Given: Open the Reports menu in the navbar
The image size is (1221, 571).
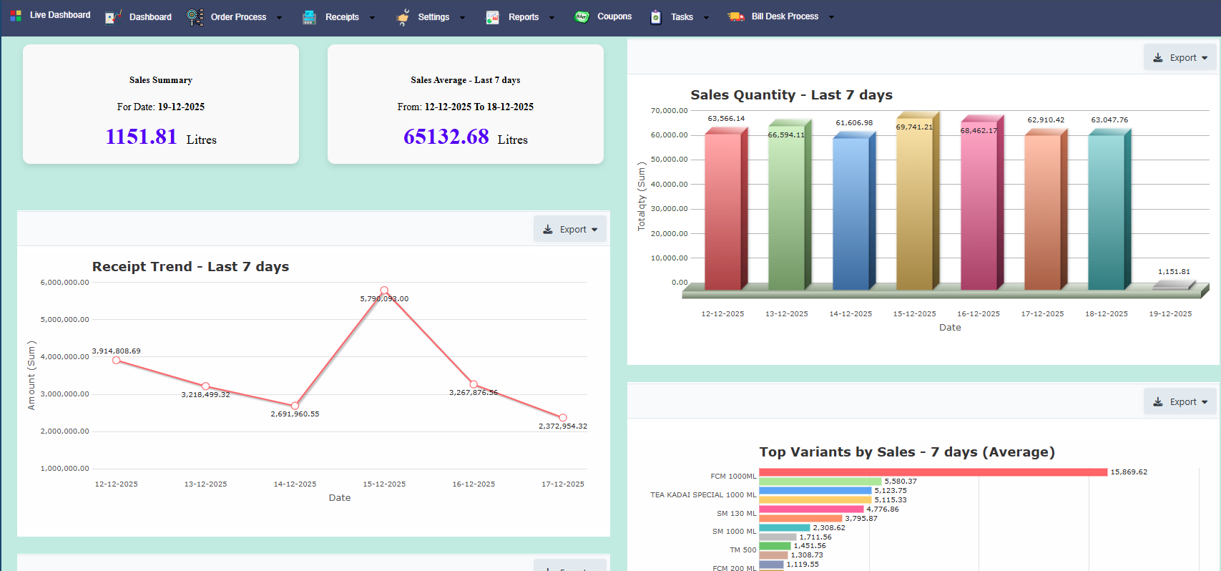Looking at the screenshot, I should click(523, 17).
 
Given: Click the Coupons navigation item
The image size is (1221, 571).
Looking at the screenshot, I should click(614, 16).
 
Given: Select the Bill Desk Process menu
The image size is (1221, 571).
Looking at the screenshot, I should click(784, 16).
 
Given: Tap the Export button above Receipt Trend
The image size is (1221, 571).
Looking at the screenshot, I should click(570, 230).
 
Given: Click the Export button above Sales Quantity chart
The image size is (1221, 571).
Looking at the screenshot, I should click(1180, 58).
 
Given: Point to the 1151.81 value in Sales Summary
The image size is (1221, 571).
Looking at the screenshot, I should click(142, 137).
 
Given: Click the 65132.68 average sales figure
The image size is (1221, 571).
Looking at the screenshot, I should click(446, 137).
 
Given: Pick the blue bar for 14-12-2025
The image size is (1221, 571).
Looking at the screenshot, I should click(850, 215).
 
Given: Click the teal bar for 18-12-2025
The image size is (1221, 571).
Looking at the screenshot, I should click(1106, 211).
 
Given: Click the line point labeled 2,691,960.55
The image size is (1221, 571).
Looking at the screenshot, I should click(295, 406).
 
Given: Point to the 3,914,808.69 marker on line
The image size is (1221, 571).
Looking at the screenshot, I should click(117, 360).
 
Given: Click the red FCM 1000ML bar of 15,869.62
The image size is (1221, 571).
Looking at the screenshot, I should click(933, 472).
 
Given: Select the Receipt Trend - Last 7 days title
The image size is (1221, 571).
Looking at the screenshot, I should click(190, 267).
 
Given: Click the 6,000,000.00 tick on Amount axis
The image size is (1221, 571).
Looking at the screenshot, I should click(65, 283).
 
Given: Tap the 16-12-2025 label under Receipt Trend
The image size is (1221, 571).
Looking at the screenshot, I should click(474, 484).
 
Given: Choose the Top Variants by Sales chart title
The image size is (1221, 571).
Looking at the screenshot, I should click(906, 452).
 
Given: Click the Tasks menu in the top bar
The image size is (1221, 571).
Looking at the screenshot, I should click(682, 17).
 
